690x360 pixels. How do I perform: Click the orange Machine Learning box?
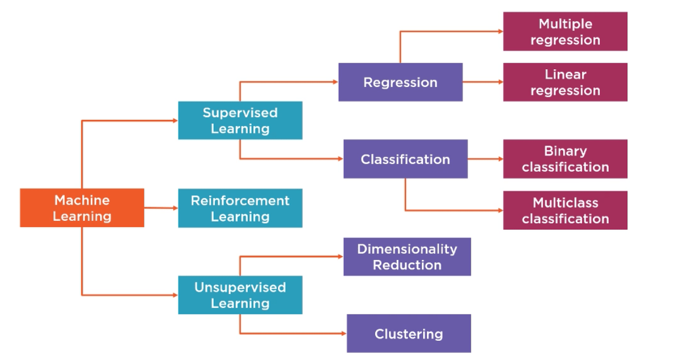pyautogui.click(x=82, y=208)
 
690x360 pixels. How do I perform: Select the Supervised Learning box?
pyautogui.click(x=240, y=120)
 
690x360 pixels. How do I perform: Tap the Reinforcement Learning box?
pyautogui.click(x=240, y=208)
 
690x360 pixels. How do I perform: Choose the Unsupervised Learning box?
pyautogui.click(x=240, y=295)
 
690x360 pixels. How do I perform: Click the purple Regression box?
pyautogui.click(x=400, y=82)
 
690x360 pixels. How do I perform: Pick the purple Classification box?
pyautogui.click(x=405, y=159)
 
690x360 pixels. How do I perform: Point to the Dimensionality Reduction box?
pyautogui.click(x=407, y=257)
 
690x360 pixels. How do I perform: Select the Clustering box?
pyautogui.click(x=409, y=334)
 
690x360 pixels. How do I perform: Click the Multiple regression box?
pyautogui.click(x=565, y=31)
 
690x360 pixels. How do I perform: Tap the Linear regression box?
pyautogui.click(x=565, y=82)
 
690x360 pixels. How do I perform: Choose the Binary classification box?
pyautogui.click(x=565, y=159)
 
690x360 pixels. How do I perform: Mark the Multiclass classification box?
pyautogui.click(x=565, y=211)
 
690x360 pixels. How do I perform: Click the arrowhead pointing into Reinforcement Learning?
pyautogui.click(x=175, y=208)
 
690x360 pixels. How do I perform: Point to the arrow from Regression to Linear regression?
pyautogui.click(x=483, y=82)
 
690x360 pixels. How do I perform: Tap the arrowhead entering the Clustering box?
pyautogui.click(x=344, y=334)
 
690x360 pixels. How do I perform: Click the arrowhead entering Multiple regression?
pyautogui.click(x=500, y=31)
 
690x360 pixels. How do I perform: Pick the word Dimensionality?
pyautogui.click(x=407, y=249)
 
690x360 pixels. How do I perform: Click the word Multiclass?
pyautogui.click(x=565, y=203)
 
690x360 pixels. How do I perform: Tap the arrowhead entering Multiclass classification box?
pyautogui.click(x=500, y=211)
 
